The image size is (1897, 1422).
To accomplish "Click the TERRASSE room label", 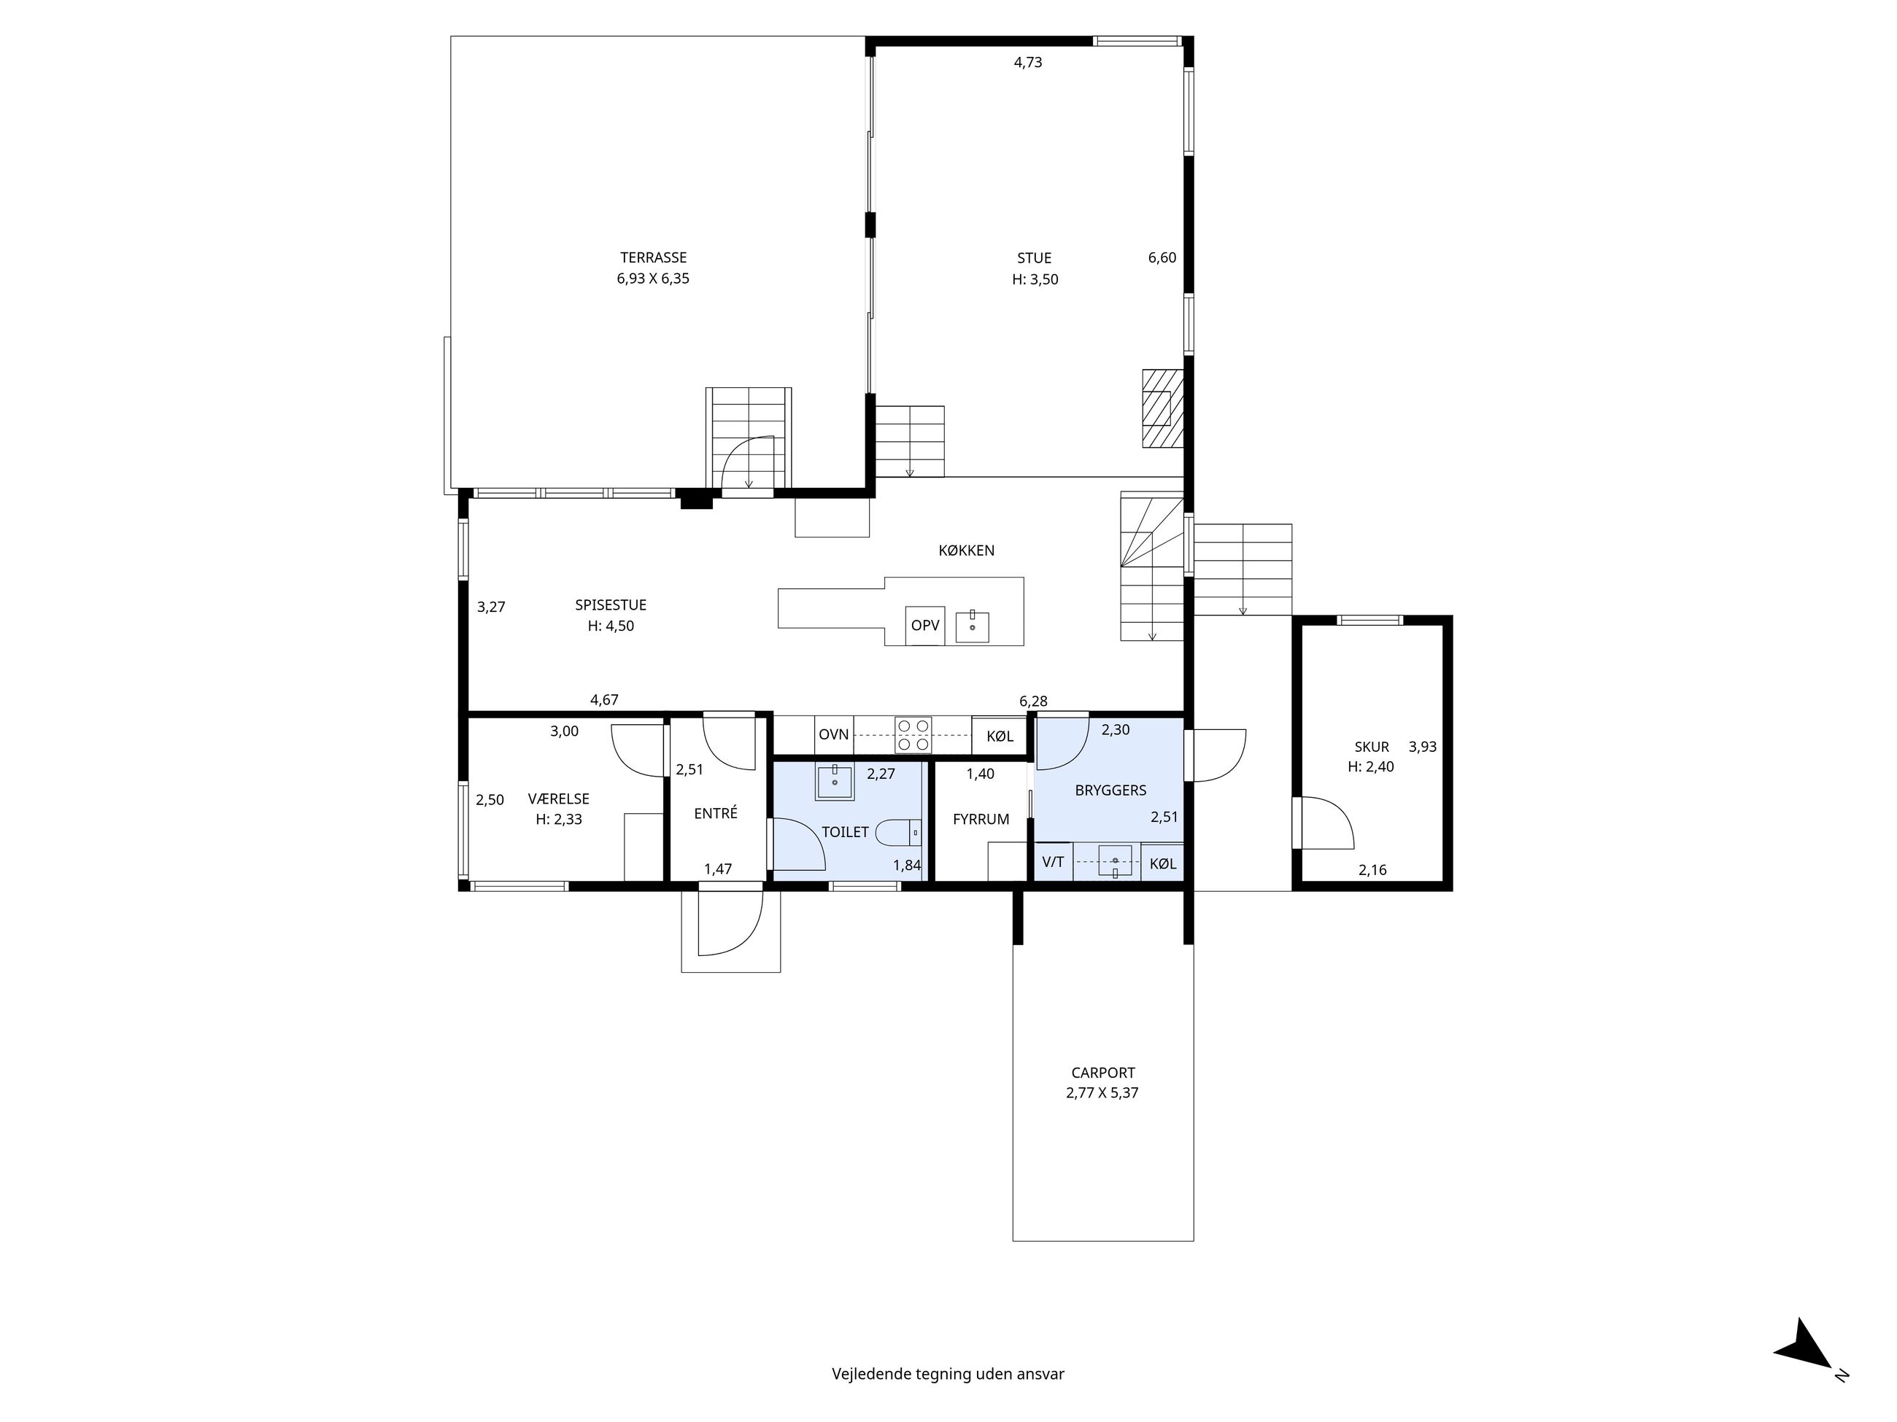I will tap(654, 258).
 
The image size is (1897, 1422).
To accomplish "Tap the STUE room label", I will tap(1035, 258).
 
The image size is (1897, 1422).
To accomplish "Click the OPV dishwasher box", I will tap(924, 626).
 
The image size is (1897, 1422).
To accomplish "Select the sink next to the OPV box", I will tap(973, 626).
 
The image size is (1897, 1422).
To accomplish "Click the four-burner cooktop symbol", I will tap(913, 734).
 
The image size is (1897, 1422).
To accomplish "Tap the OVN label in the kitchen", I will tap(833, 734).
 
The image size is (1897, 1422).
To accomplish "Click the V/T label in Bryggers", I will tap(1053, 862).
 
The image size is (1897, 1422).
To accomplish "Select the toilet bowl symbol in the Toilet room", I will tap(903, 832).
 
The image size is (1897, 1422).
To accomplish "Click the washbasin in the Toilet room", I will tap(835, 782).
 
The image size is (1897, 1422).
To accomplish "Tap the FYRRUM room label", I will tap(981, 820).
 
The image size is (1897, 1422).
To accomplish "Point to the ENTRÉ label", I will tap(715, 813).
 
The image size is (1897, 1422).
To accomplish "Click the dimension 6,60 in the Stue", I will tap(1162, 258).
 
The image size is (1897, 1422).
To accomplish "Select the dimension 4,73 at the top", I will tap(1027, 63).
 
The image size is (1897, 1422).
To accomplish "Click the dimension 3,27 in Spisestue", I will tap(492, 607).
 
